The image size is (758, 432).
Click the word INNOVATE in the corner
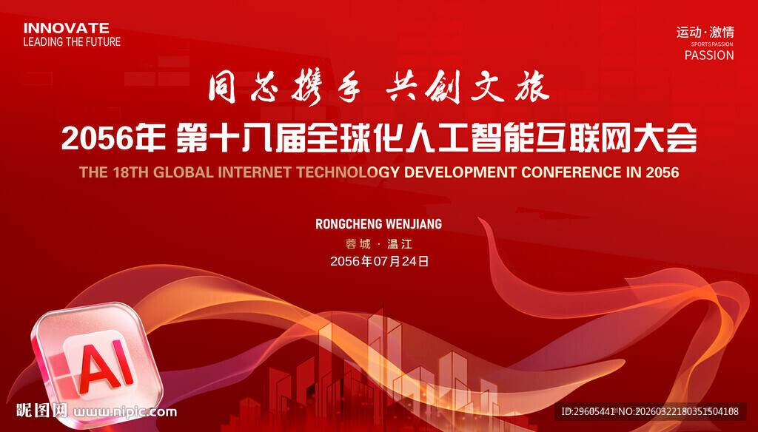pyautogui.click(x=66, y=28)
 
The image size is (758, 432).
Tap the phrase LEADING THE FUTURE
pyautogui.click(x=72, y=42)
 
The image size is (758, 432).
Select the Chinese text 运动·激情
pyautogui.click(x=705, y=33)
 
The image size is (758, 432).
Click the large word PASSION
pyautogui.click(x=709, y=55)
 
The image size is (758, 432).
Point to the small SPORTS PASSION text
pyautogui.click(x=712, y=44)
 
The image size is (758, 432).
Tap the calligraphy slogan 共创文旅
pyautogui.click(x=468, y=87)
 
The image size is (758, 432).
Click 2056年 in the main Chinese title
pyautogui.click(x=113, y=138)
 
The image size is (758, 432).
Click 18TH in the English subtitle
pyautogui.click(x=131, y=172)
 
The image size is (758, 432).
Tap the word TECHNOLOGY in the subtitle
pyautogui.click(x=348, y=172)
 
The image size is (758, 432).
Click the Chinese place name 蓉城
pyautogui.click(x=358, y=245)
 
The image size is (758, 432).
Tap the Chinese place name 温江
pyautogui.click(x=400, y=245)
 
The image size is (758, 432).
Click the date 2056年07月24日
pyautogui.click(x=380, y=261)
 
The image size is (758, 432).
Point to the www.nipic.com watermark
pyautogui.click(x=125, y=412)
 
